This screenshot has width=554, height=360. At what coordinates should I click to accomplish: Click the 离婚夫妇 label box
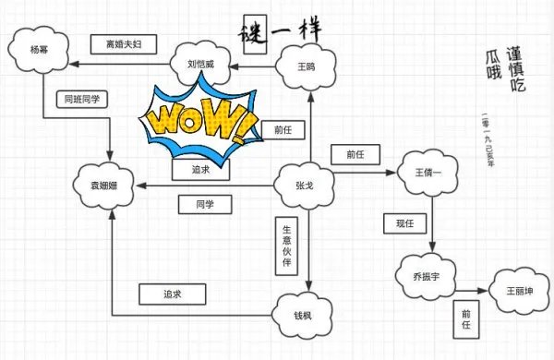click(x=125, y=44)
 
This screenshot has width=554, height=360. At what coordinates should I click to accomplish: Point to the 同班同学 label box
click(x=82, y=98)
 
